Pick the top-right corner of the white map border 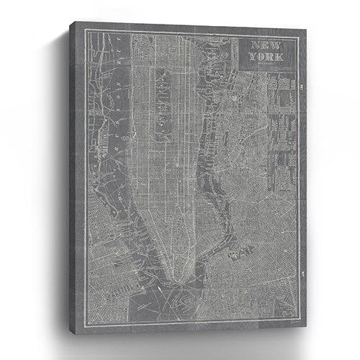[297, 38]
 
